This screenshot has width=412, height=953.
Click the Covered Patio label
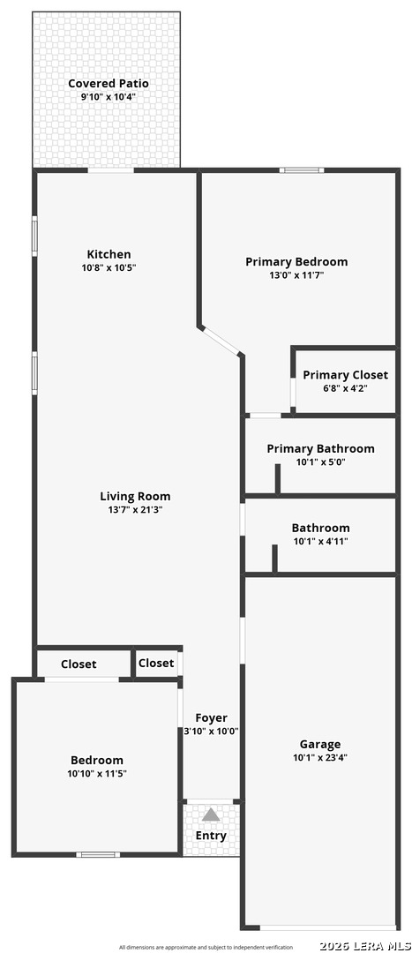point(109,83)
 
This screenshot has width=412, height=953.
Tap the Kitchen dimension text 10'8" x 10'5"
point(109,267)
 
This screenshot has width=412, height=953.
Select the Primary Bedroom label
point(296,262)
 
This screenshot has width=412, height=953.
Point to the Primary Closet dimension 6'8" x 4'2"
point(345,387)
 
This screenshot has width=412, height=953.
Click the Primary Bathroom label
point(321,449)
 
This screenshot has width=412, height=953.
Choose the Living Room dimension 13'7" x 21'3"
point(135,509)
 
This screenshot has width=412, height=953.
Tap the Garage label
point(320,745)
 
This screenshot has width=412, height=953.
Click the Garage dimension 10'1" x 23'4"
point(320,758)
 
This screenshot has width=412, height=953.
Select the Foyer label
point(212,718)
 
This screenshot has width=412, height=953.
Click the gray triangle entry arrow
point(211,814)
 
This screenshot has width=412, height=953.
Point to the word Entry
point(211,836)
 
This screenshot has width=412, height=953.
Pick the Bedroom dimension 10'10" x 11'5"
point(97,773)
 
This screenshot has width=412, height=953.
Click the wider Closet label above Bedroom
point(79,664)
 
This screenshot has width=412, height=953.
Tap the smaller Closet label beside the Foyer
point(156,663)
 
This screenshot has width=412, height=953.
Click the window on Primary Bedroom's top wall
point(302,170)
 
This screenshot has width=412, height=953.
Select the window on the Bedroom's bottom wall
point(99,854)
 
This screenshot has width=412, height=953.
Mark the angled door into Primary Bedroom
point(221,341)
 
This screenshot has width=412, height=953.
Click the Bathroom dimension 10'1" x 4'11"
point(320,541)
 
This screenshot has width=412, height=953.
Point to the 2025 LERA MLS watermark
point(364,946)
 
